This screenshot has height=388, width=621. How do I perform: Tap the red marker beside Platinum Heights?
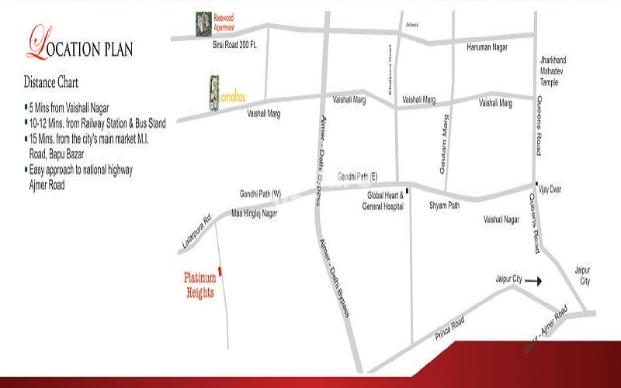(x=220, y=271)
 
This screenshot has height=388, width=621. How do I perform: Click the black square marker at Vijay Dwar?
(x=536, y=184)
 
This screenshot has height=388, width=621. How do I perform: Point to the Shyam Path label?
(x=445, y=206)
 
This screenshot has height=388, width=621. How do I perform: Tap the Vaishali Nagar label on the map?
(x=501, y=220)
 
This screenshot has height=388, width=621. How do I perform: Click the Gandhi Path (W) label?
(x=259, y=193)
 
